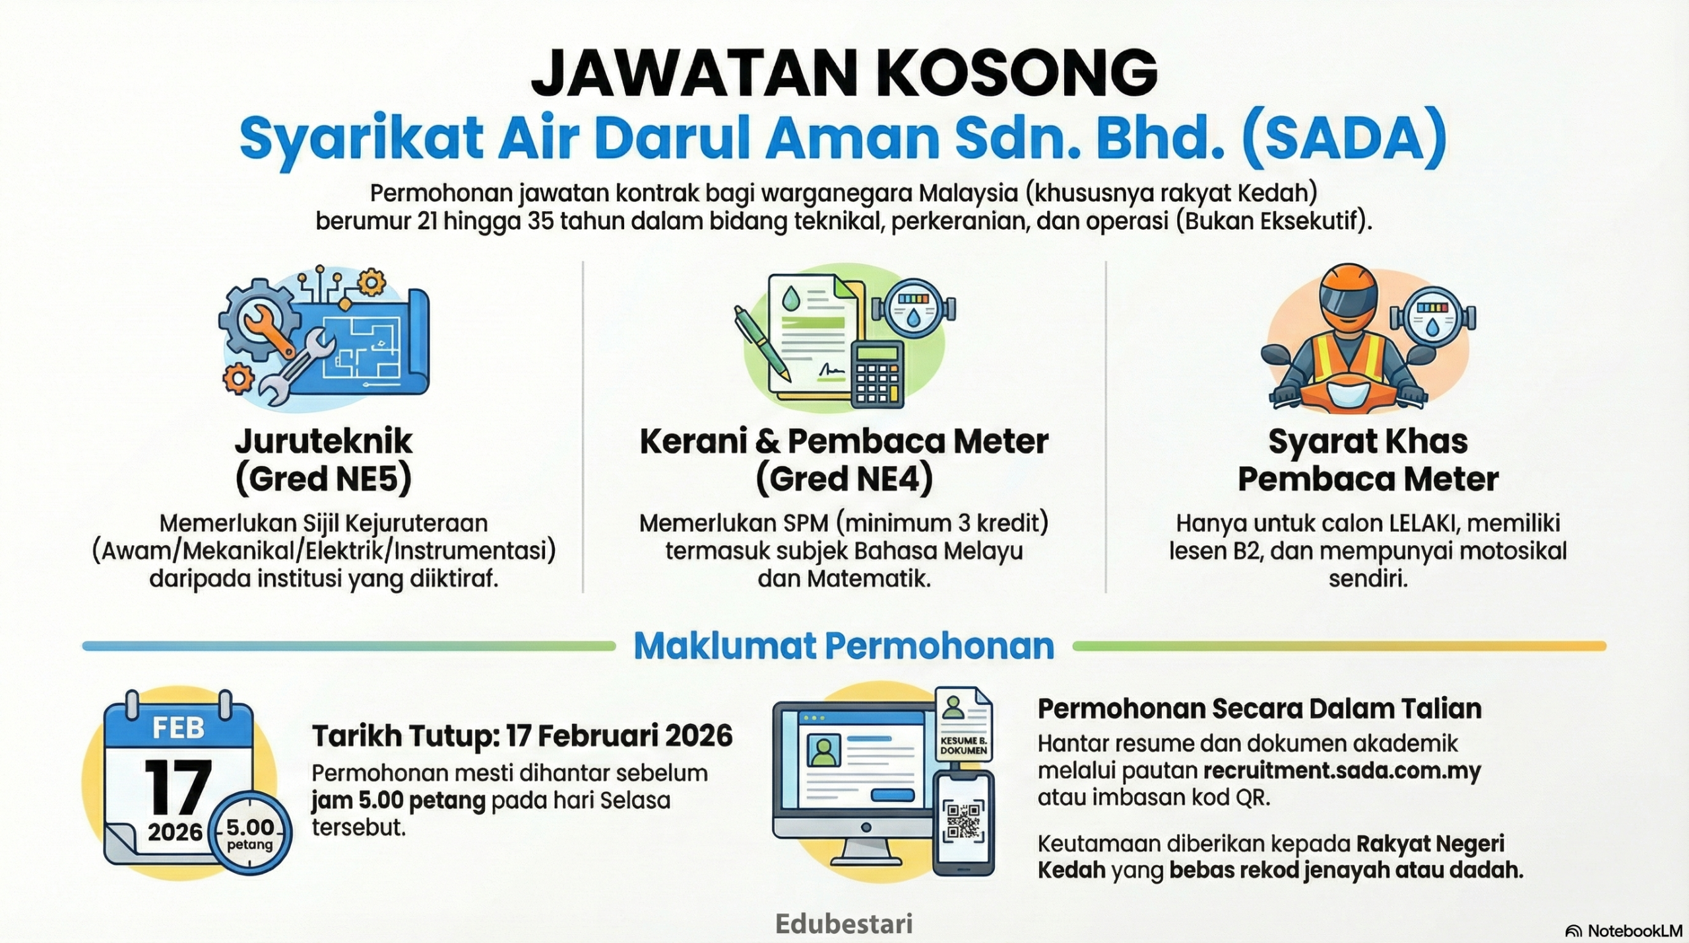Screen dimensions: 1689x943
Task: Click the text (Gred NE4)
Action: [844, 479]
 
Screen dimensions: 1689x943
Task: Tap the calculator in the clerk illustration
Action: [877, 374]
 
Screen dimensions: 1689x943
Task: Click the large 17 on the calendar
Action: [178, 787]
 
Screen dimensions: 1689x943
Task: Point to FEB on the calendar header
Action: [178, 729]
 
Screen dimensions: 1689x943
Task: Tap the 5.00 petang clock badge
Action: [250, 832]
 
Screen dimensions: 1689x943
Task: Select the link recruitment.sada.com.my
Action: [1342, 771]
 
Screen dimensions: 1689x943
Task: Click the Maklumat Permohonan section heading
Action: [844, 646]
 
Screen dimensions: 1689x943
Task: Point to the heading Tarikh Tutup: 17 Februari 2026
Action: [522, 736]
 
